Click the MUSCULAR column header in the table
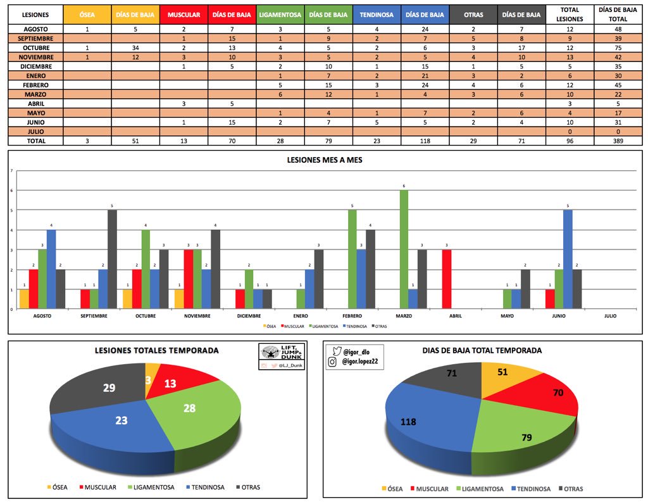click(x=184, y=15)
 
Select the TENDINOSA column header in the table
click(x=377, y=15)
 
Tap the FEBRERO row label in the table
click(x=35, y=85)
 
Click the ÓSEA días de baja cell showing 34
click(x=135, y=47)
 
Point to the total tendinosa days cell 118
click(x=425, y=141)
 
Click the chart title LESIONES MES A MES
click(x=325, y=160)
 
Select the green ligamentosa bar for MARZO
click(x=404, y=249)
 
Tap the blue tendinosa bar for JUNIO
click(x=568, y=260)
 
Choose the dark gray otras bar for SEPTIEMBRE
click(x=112, y=260)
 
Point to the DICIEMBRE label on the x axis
click(x=249, y=315)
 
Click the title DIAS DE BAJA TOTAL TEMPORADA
click(x=482, y=350)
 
